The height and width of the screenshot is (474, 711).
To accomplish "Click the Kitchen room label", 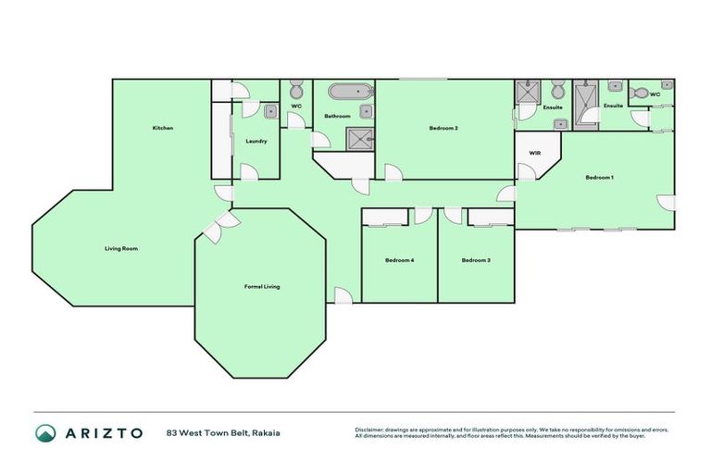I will coord(163,128).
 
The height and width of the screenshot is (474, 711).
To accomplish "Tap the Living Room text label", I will coord(120,248).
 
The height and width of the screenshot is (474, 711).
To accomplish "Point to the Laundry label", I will coord(256,142).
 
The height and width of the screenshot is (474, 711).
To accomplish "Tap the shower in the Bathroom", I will coord(358,139).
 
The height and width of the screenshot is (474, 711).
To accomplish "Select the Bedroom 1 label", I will coord(599,177).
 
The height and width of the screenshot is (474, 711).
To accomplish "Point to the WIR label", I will coord(534,153).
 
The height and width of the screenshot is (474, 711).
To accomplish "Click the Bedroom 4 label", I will coord(399,260).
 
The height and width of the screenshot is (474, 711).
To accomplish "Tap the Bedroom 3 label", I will coord(475,260).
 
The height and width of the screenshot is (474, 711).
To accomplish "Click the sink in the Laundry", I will coord(268,112).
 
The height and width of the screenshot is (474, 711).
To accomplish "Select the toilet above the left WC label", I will coord(296,91).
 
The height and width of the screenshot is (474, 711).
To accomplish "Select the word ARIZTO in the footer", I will coord(104,433).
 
